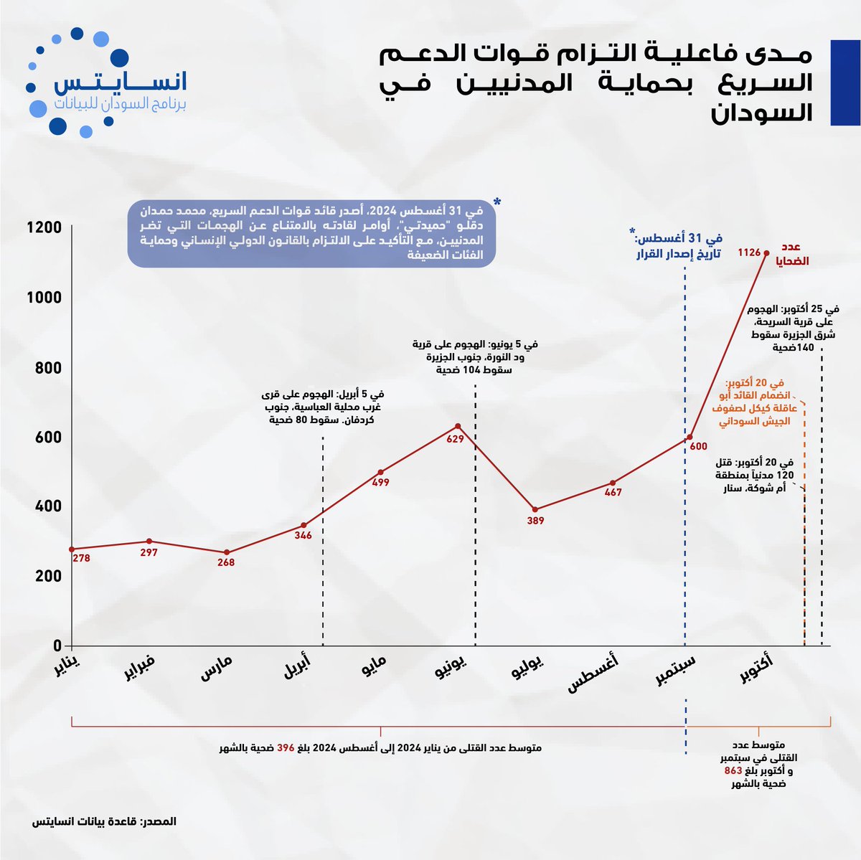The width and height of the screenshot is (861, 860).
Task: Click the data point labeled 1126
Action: tap(766, 252)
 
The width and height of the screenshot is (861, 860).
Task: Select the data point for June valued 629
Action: tap(458, 426)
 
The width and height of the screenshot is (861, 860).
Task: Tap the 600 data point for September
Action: tap(689, 437)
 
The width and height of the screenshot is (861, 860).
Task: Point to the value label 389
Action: tap(535, 521)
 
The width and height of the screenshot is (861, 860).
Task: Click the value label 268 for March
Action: tap(226, 562)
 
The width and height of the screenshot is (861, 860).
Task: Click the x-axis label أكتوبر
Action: tap(758, 667)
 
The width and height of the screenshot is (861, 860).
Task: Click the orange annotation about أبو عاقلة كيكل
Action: tap(753, 402)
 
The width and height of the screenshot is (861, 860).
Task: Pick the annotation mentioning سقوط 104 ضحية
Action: tap(474, 356)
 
